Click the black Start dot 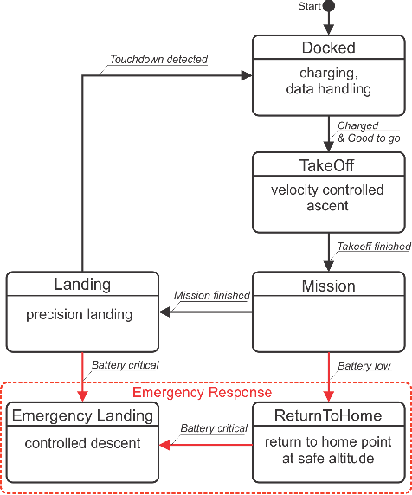click(x=329, y=7)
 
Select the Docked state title click(x=328, y=48)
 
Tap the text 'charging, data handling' click(x=328, y=80)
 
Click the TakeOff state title click(x=328, y=164)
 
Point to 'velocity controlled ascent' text click(x=328, y=198)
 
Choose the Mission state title click(x=328, y=286)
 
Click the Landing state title click(x=82, y=284)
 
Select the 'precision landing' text click(x=79, y=314)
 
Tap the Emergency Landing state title click(x=82, y=415)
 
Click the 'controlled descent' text click(x=82, y=444)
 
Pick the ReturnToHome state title click(x=328, y=415)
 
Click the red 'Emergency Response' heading click(x=207, y=392)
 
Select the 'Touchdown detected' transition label click(x=158, y=60)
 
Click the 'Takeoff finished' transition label click(x=373, y=247)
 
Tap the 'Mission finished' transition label click(x=212, y=295)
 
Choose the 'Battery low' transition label click(x=364, y=365)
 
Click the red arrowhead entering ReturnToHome click(x=329, y=396)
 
